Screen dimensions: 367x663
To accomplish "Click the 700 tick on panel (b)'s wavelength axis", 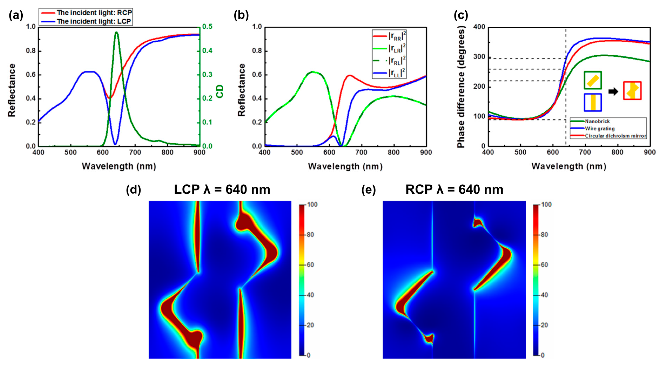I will coord(361,152).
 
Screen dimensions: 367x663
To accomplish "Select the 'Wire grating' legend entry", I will coord(600,129).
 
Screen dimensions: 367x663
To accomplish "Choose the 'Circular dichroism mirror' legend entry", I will coord(615,136).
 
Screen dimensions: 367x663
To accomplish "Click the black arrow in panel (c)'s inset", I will coord(613,91).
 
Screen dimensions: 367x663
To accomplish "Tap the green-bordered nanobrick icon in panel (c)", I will coord(593,80).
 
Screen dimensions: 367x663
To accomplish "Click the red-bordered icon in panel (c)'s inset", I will coord(632,91).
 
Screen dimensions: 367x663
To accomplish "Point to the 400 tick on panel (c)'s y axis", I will coord(479,27).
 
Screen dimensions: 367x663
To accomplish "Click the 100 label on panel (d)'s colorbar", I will coord(312,205).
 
